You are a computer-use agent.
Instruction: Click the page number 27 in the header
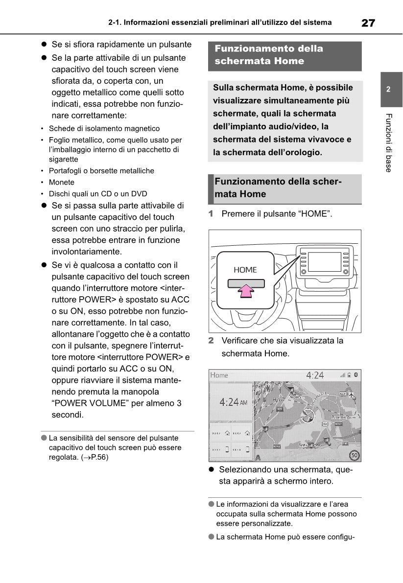(368, 23)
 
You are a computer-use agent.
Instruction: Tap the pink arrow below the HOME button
(246, 292)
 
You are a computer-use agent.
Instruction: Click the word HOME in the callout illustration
(245, 270)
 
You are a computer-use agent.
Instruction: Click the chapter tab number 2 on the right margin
(388, 90)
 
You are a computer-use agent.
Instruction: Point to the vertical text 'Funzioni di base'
(388, 142)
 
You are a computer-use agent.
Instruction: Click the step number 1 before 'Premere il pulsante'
(211, 214)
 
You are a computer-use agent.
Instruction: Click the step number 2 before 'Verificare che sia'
(211, 340)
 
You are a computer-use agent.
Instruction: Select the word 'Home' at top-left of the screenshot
(219, 375)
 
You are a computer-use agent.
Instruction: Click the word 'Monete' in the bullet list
(62, 182)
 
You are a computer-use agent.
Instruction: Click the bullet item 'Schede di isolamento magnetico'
(104, 128)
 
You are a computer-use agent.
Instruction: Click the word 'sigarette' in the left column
(63, 159)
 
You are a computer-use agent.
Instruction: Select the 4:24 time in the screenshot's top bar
(315, 375)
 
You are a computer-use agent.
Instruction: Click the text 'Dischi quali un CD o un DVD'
(98, 193)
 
